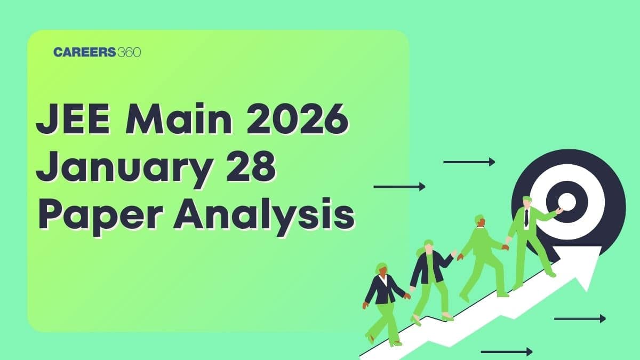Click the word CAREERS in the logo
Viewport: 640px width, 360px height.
tap(77, 52)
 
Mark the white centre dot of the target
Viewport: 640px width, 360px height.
tap(566, 202)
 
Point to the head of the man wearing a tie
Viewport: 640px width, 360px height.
tap(527, 203)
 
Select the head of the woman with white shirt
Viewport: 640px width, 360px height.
tap(382, 269)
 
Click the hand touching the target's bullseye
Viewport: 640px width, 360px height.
tap(558, 211)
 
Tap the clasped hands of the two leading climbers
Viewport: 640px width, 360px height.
tap(506, 246)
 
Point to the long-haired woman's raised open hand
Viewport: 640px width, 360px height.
tap(454, 253)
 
